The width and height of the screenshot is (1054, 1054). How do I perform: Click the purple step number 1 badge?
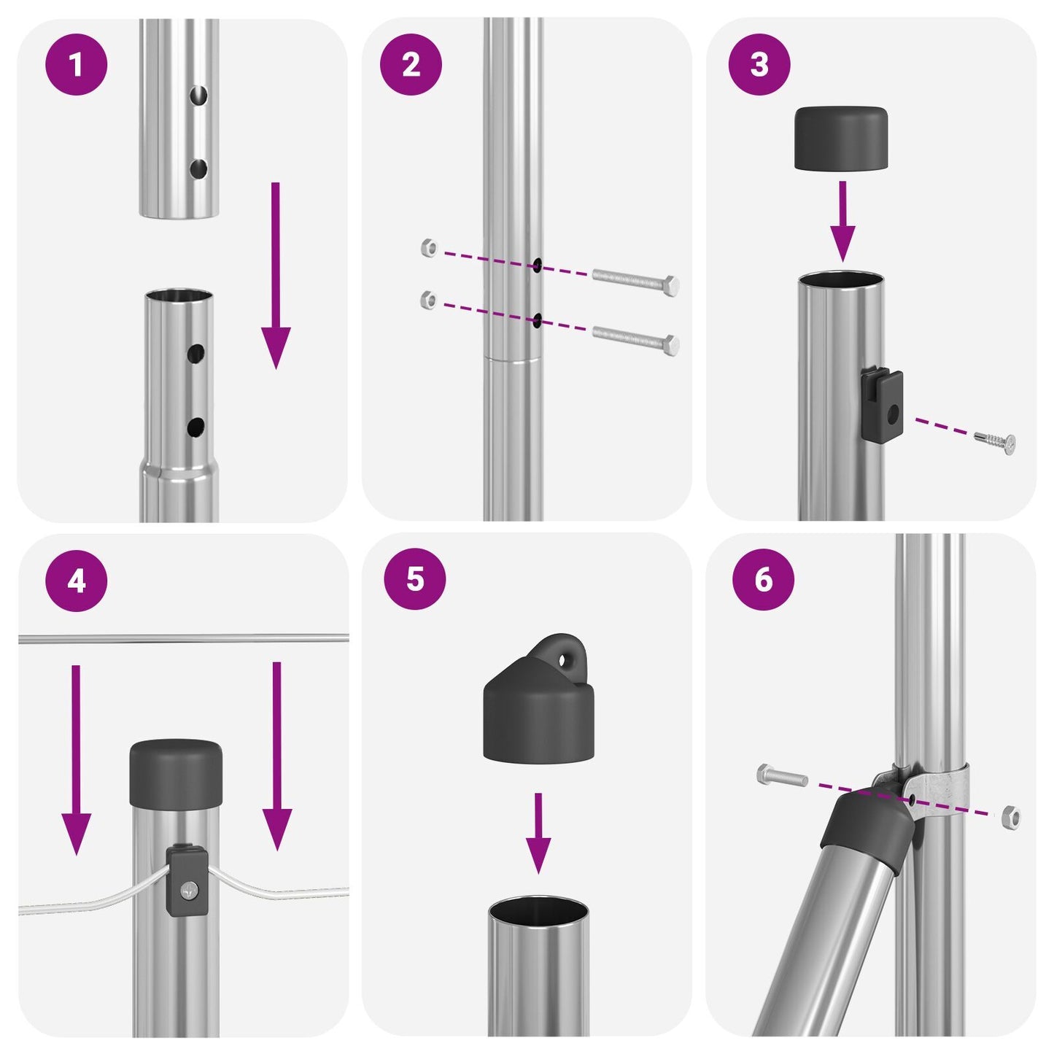click(x=76, y=65)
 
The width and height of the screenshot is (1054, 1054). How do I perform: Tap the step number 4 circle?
click(x=76, y=581)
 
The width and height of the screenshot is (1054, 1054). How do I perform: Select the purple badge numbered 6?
click(x=763, y=580)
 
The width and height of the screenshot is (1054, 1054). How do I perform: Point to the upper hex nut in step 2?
click(x=430, y=248)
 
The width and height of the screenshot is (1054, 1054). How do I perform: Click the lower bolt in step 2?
click(x=635, y=338)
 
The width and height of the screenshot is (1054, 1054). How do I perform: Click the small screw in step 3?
click(x=996, y=440)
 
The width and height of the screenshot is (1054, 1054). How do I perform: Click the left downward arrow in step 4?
click(x=76, y=759)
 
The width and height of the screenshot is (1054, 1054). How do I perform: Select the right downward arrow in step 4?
click(x=276, y=755)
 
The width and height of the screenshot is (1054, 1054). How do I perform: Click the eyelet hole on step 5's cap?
click(x=564, y=659)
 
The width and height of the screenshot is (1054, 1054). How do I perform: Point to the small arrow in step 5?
click(x=538, y=832)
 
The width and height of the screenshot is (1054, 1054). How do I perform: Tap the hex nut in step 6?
click(x=1011, y=816)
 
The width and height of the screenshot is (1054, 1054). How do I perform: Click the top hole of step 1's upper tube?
click(x=198, y=95)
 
